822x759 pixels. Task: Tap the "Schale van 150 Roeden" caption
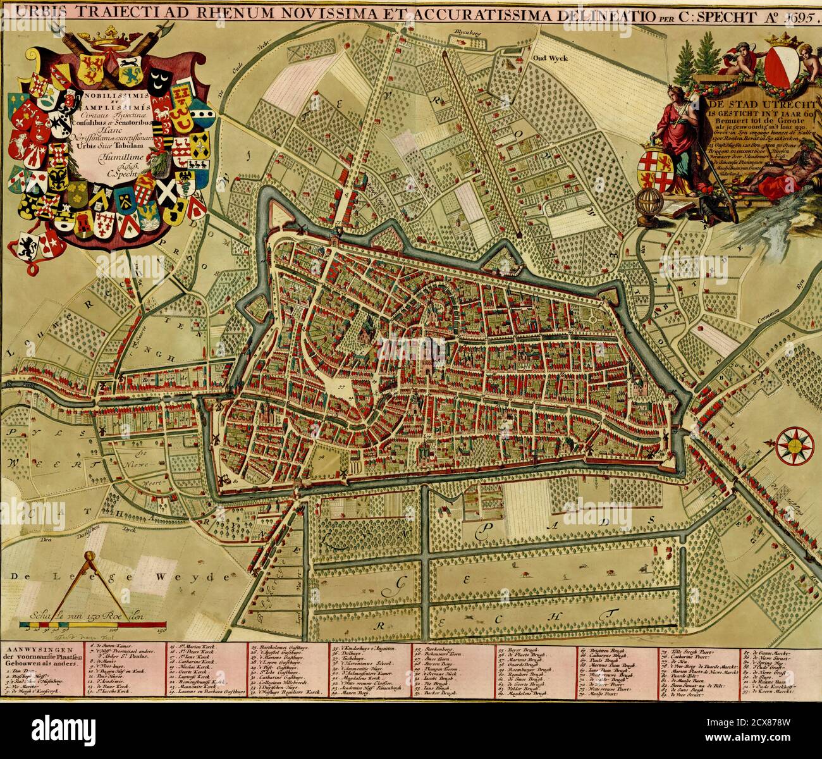point(89,614)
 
